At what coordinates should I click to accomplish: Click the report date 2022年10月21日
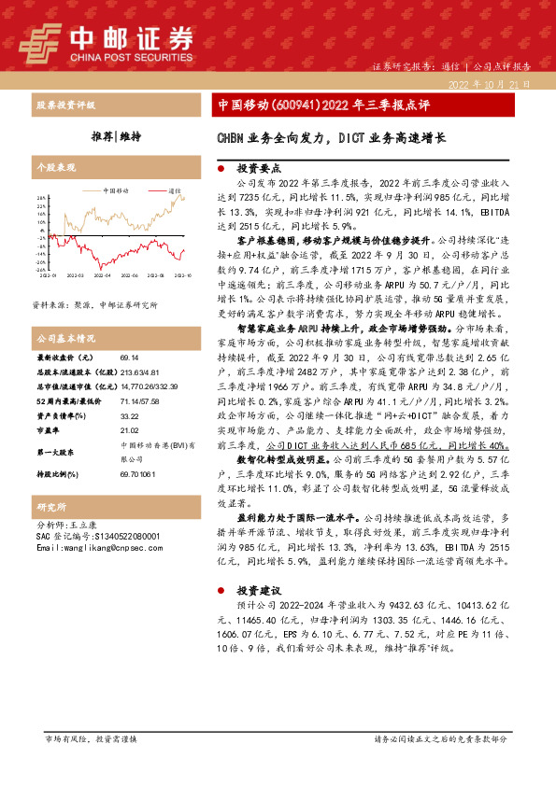click(x=489, y=84)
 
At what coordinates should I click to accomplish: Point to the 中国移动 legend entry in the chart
click(x=116, y=189)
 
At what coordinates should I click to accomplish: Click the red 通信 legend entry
click(x=174, y=189)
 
